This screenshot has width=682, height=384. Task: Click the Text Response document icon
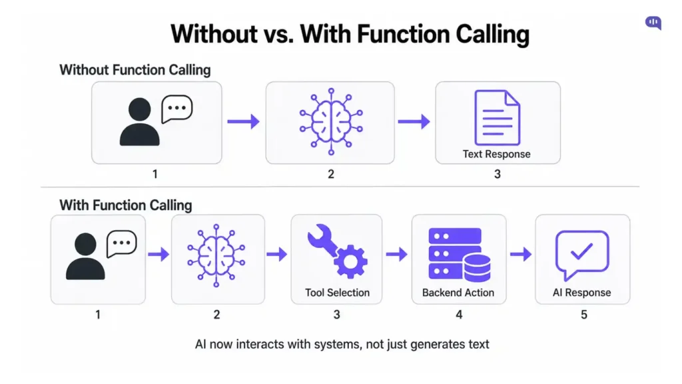tap(497, 117)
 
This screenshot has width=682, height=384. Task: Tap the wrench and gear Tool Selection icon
tap(337, 253)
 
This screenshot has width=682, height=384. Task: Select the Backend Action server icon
tap(459, 254)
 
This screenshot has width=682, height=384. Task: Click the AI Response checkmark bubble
tap(582, 254)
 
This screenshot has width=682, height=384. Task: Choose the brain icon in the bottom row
tap(217, 254)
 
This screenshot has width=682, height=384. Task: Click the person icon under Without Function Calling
tap(140, 122)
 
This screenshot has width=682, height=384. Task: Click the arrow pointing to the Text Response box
tap(414, 121)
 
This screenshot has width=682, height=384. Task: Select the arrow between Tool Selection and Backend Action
tap(396, 254)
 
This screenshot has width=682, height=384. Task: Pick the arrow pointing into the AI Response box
tap(520, 254)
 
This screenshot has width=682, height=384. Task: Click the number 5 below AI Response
tap(584, 314)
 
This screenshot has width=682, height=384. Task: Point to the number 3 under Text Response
tap(497, 175)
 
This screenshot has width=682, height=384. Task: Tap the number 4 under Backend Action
tap(458, 314)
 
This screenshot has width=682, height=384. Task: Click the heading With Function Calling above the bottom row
tap(126, 205)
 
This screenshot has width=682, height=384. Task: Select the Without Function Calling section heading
tap(135, 69)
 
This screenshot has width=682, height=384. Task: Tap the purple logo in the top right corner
tap(653, 23)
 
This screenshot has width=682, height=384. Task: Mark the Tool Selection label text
tap(337, 292)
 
